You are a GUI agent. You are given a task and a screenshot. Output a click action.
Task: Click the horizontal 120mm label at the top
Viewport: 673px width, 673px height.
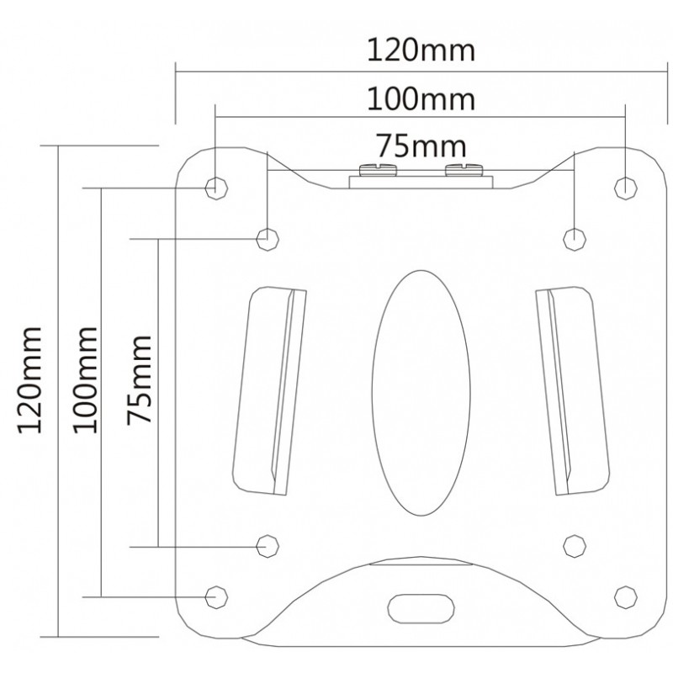[x=421, y=50]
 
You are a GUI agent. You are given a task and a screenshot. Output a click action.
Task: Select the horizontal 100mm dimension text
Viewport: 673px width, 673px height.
[x=421, y=99]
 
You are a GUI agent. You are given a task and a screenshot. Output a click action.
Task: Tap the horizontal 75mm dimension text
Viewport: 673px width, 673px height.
[x=421, y=146]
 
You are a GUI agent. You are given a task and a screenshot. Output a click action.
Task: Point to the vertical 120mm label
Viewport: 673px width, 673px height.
[x=29, y=380]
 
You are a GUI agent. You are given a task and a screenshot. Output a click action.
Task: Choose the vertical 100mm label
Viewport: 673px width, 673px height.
[x=85, y=380]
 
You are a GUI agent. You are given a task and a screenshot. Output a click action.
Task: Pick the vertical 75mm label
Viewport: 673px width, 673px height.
[x=139, y=380]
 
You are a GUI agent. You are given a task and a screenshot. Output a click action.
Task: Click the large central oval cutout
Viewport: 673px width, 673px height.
[x=421, y=393]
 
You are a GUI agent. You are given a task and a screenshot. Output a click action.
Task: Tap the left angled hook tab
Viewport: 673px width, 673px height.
[x=269, y=391]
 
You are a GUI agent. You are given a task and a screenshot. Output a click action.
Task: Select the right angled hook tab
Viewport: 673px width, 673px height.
[x=572, y=391]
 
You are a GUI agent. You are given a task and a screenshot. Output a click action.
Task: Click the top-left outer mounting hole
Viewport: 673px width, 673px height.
[x=216, y=188]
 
